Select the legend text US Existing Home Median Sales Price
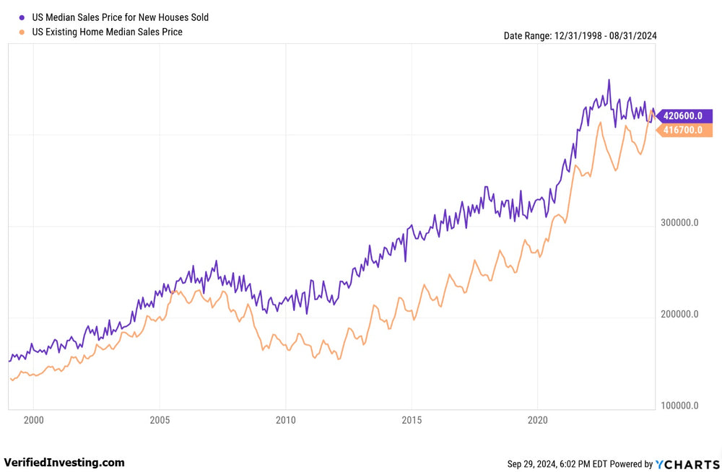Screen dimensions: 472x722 coord(107,32)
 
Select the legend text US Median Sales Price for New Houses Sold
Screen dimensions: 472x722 coord(120,17)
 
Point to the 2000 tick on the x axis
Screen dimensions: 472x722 coord(33,419)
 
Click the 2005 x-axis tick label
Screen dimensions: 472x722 coord(160,419)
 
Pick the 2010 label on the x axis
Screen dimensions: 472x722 coord(286,419)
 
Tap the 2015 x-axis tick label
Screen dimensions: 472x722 coord(412,419)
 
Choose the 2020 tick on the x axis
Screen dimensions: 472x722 coord(538,419)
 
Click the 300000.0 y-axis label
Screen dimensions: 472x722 coord(679,223)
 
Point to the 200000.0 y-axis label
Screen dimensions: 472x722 coord(679,315)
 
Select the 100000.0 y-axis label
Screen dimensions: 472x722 coord(679,406)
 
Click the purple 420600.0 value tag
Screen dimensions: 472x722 coord(686,115)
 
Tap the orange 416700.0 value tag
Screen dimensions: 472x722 coord(686,130)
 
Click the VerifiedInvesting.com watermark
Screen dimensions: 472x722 coord(64,463)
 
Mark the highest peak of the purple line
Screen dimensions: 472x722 coord(609,80)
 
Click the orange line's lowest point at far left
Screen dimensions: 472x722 coord(12,380)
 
